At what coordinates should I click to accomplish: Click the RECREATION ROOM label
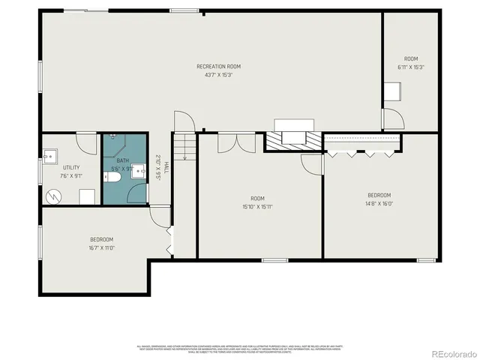tap(218, 67)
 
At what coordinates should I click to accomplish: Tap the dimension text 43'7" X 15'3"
tap(218, 75)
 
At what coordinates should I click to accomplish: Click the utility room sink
tap(49, 157)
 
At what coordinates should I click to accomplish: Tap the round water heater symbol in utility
tap(53, 196)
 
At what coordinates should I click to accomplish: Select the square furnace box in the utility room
tap(87, 196)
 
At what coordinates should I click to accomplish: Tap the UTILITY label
tap(71, 168)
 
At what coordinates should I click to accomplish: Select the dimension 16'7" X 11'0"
tap(101, 247)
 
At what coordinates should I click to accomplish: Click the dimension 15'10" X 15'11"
tap(257, 205)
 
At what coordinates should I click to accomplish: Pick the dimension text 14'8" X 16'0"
tap(379, 203)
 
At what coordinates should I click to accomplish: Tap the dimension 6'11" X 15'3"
tap(410, 67)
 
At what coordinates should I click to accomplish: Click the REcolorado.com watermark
tap(447, 353)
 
